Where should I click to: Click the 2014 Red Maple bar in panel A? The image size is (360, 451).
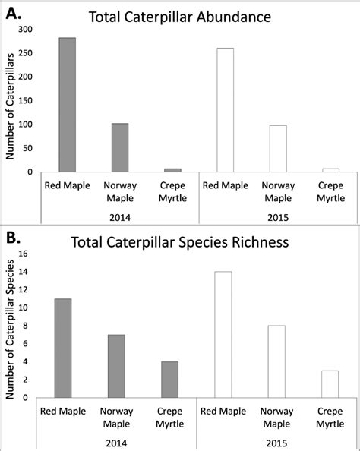coord(68,105)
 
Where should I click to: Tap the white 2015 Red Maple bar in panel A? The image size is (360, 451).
coord(225,110)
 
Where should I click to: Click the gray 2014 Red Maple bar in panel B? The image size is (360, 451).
coord(62,348)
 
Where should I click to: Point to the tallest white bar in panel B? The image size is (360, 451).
coord(223,334)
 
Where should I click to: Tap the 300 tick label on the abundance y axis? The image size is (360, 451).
coord(25,29)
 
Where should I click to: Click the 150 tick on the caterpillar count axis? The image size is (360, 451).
coord(25,100)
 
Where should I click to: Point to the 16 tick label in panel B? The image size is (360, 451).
coord(23,254)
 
